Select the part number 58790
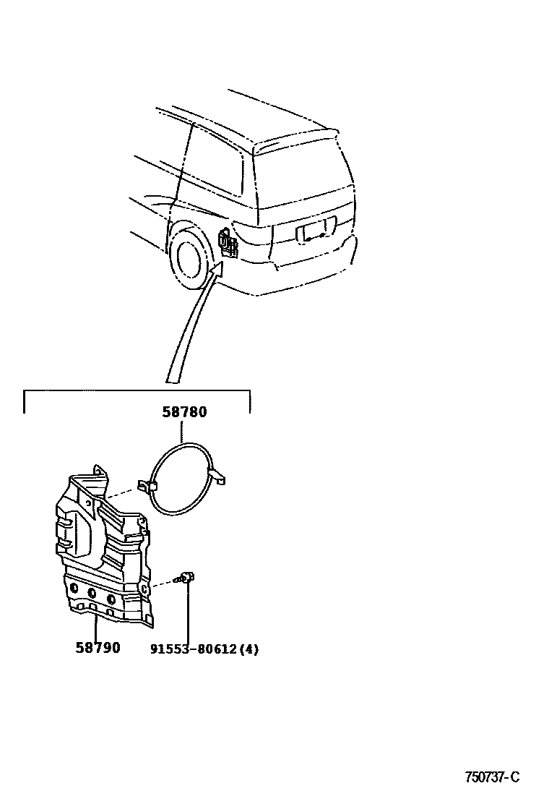click(98, 648)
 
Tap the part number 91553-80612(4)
click(204, 649)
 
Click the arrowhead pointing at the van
click(217, 273)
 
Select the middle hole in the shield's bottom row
click(92, 594)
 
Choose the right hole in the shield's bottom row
click(111, 599)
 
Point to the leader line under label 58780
click(181, 431)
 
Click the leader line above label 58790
click(95, 626)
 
